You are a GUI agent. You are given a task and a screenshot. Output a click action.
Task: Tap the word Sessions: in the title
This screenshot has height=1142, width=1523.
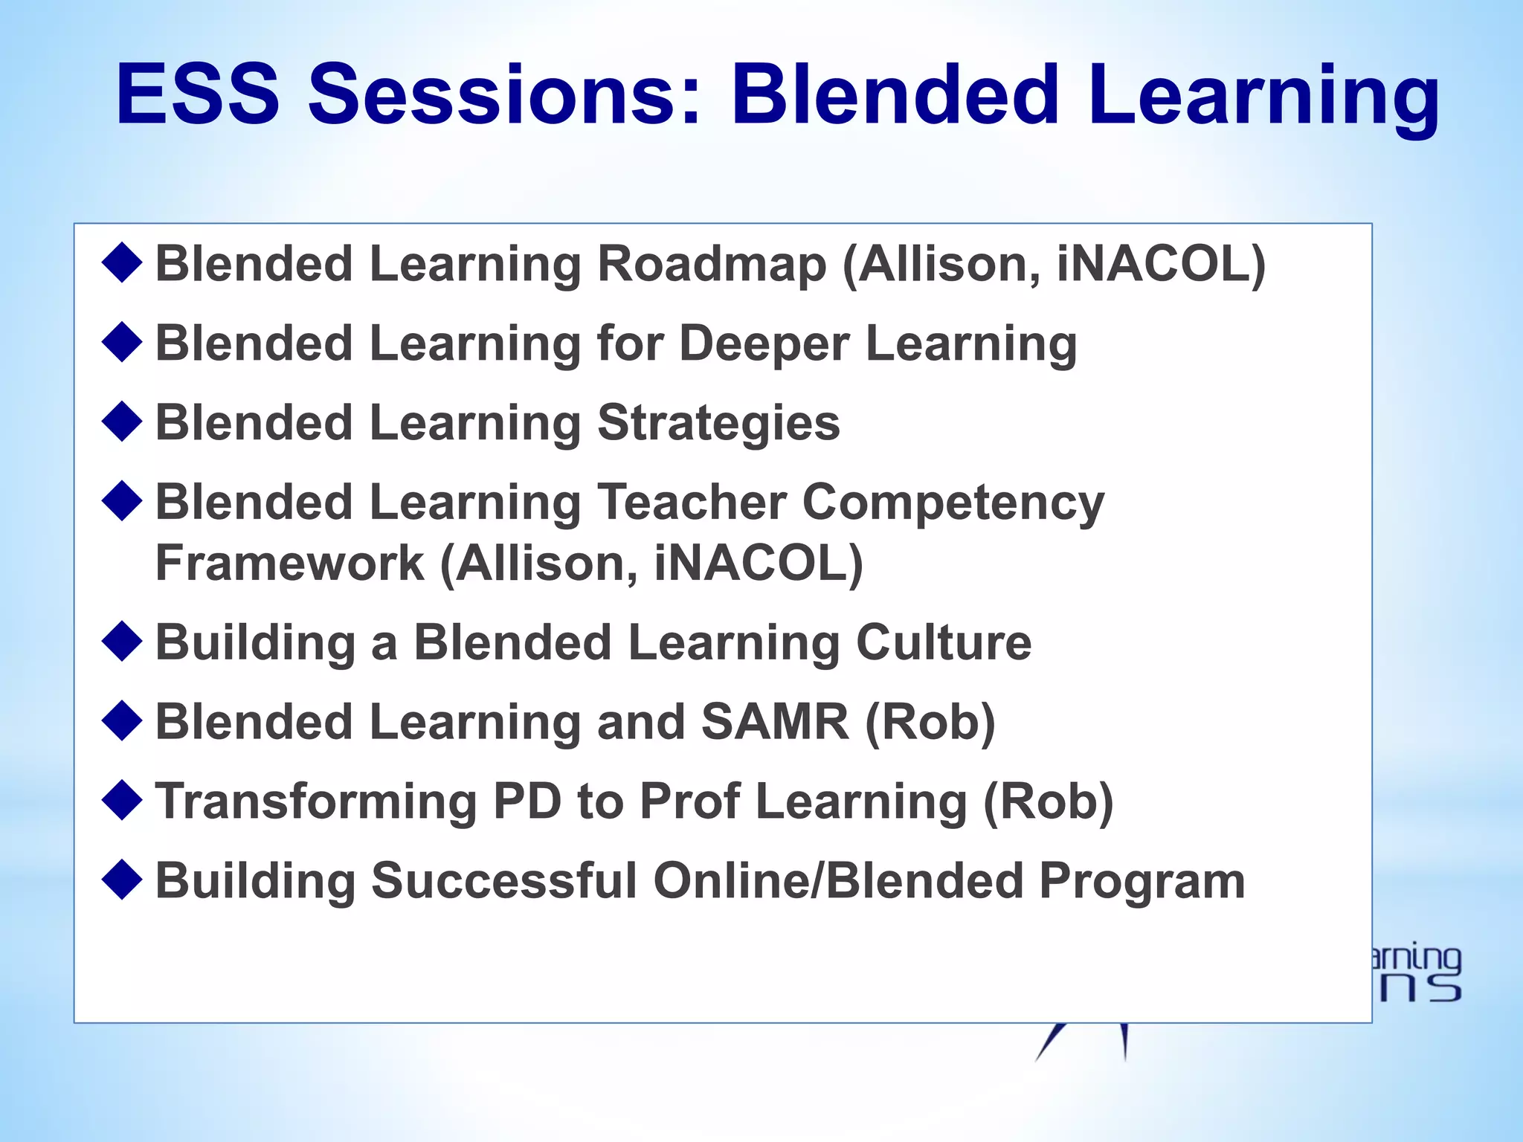point(505,95)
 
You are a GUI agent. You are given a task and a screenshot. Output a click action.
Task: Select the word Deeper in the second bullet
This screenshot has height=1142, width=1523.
point(764,344)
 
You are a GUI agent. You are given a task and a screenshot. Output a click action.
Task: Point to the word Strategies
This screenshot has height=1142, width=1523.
point(718,423)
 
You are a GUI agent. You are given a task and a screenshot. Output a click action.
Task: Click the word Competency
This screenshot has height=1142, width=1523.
point(953,503)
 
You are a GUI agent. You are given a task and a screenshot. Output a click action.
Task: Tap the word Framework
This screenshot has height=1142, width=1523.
point(289,564)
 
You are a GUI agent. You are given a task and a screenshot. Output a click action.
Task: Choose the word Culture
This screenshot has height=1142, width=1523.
point(943,643)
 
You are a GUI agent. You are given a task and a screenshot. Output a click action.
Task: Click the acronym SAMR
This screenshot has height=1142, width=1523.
point(774,723)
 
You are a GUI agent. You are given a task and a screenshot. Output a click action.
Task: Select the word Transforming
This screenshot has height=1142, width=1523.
point(316,802)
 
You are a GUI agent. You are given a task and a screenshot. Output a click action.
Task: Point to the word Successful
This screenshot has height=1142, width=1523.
point(504,881)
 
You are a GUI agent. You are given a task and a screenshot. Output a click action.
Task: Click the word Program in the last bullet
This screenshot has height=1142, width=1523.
point(1142,881)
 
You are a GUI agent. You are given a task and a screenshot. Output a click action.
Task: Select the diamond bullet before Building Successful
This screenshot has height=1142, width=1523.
point(122,880)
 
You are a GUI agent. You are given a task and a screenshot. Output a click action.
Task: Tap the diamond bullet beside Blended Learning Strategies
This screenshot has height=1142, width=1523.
point(122,422)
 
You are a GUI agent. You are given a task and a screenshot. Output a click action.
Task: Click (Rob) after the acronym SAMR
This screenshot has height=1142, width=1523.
point(930,723)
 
